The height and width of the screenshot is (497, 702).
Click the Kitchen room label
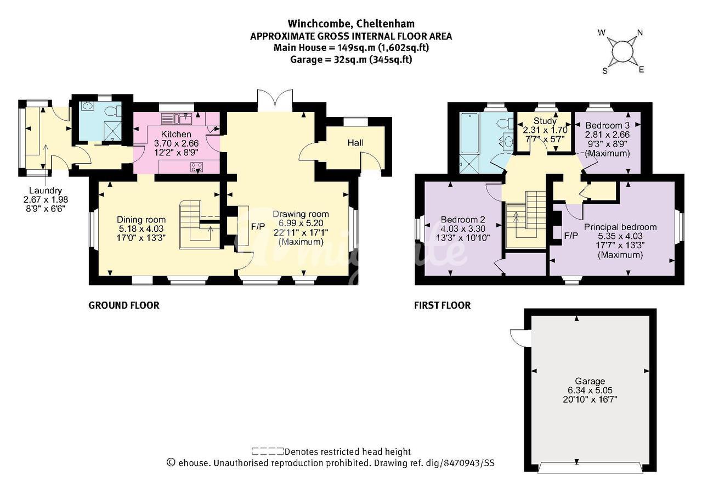176,135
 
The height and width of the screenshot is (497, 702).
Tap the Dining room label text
141,220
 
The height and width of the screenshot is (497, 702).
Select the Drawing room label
301,214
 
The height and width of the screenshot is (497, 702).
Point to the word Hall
355,143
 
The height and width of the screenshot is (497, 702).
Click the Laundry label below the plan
46,191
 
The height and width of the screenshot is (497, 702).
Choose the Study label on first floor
545,121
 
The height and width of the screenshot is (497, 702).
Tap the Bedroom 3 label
607,126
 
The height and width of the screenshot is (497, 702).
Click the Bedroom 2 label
463,220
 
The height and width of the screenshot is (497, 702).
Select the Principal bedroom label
620,227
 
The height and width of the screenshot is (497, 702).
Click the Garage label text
590,381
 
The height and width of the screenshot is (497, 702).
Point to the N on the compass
640,32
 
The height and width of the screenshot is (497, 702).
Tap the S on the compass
605,71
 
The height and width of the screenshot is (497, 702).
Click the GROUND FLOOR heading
124,305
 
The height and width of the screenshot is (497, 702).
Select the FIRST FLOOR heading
442,305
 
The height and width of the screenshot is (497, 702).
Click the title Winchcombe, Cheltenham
351,24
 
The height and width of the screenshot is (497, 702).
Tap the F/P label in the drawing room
258,227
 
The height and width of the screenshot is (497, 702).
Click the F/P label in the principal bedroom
571,236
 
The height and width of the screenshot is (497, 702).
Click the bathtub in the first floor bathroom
469,133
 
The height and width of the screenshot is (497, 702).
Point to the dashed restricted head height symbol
267,451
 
